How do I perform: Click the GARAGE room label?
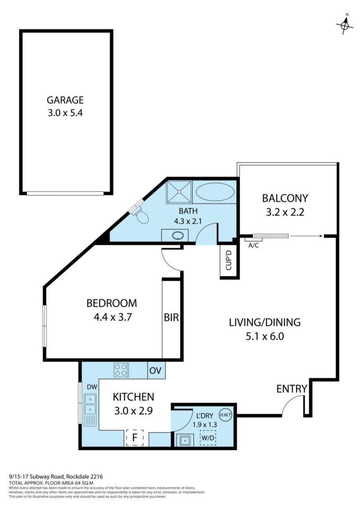coord(65,100)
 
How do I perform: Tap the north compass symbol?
coord(345,25)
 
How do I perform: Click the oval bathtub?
coord(215,191)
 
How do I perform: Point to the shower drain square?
coord(179,192)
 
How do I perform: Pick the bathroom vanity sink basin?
coord(176,236)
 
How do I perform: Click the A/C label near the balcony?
coord(254,246)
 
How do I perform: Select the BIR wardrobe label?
coord(171,317)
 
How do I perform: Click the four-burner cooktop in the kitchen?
coord(121,370)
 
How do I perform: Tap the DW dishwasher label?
coord(92,387)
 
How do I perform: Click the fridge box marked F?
coord(135,437)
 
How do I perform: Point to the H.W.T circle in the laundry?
coord(225,415)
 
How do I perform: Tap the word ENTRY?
coord(292,389)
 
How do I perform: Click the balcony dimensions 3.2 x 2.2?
coord(285,213)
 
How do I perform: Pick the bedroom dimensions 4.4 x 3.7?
coord(113,317)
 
